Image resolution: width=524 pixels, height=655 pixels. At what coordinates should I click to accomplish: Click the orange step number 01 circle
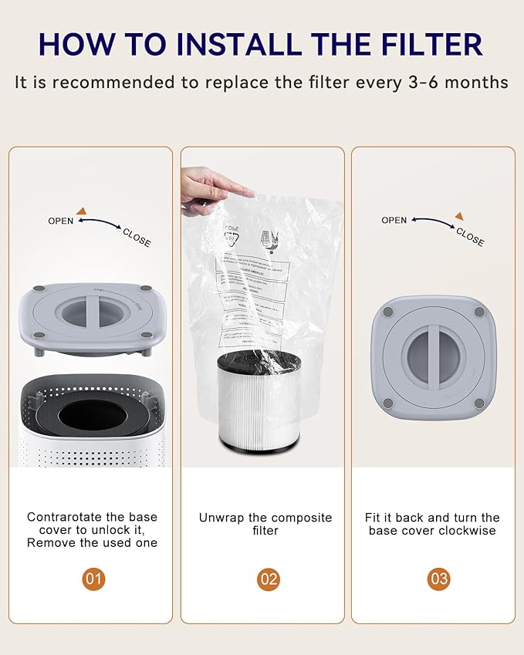93,579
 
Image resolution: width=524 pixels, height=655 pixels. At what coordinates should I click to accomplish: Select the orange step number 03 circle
439,579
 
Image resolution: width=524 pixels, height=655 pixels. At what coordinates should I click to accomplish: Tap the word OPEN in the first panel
61,221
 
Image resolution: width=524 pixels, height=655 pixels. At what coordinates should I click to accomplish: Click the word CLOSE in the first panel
137,238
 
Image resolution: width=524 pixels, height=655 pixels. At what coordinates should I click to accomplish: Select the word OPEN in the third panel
394,220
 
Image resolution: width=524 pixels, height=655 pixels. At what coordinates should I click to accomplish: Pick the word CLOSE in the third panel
470,237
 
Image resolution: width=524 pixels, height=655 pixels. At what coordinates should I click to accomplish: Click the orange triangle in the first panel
81,210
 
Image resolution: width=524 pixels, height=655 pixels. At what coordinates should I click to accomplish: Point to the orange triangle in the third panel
459,216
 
